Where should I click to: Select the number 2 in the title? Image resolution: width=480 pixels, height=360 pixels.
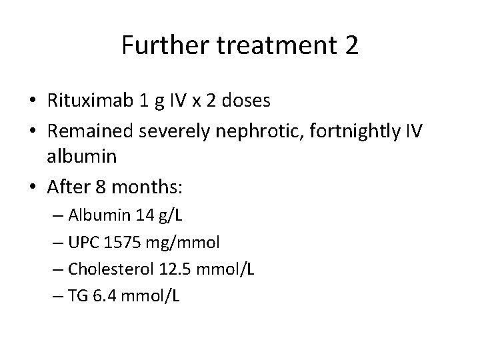[x=351, y=46]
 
